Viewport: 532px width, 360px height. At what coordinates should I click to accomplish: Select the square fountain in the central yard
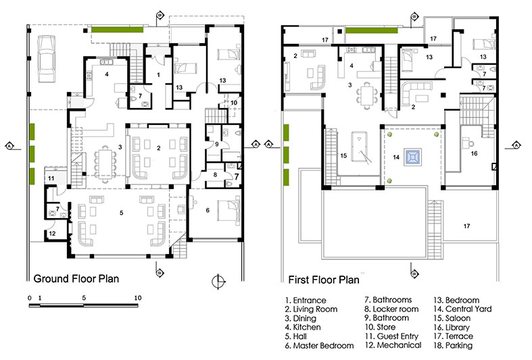coord(412,157)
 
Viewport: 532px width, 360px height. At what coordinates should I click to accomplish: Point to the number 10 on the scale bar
coord(137,297)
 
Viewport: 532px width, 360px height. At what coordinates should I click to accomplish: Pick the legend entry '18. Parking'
coord(453,345)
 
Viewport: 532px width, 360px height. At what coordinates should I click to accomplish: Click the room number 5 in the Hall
coord(122,213)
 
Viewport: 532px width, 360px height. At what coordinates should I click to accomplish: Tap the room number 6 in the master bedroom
coord(208,211)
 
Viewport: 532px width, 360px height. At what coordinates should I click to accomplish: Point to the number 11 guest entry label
coord(51,178)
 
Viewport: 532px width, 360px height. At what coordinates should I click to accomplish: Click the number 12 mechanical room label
coord(51,234)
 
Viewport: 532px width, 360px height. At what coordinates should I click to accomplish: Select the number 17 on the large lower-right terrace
coord(466,226)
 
